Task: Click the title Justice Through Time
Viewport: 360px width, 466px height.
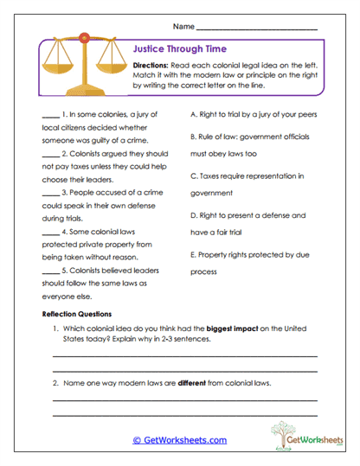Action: (181, 51)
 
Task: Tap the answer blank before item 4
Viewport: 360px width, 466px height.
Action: (48, 232)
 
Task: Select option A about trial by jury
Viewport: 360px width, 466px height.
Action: (256, 113)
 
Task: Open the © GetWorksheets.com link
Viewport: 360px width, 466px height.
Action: (179, 440)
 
